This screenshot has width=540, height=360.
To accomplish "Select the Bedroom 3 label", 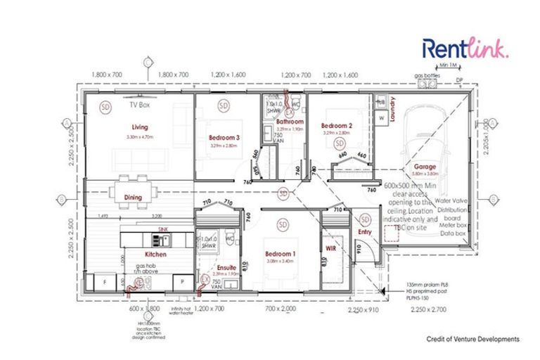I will click(224, 138).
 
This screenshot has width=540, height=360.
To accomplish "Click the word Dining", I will click(134, 198).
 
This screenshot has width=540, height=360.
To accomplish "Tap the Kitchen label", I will click(155, 254).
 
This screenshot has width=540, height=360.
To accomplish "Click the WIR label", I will click(332, 248).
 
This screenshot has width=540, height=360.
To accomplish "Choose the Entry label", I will click(364, 231).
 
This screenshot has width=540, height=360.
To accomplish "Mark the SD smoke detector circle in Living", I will click(105, 107).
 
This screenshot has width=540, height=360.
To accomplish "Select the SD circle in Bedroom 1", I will click(283, 224).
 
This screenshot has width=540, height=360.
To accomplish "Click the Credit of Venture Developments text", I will click(472, 339).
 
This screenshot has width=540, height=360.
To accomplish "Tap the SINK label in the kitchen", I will click(162, 230).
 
